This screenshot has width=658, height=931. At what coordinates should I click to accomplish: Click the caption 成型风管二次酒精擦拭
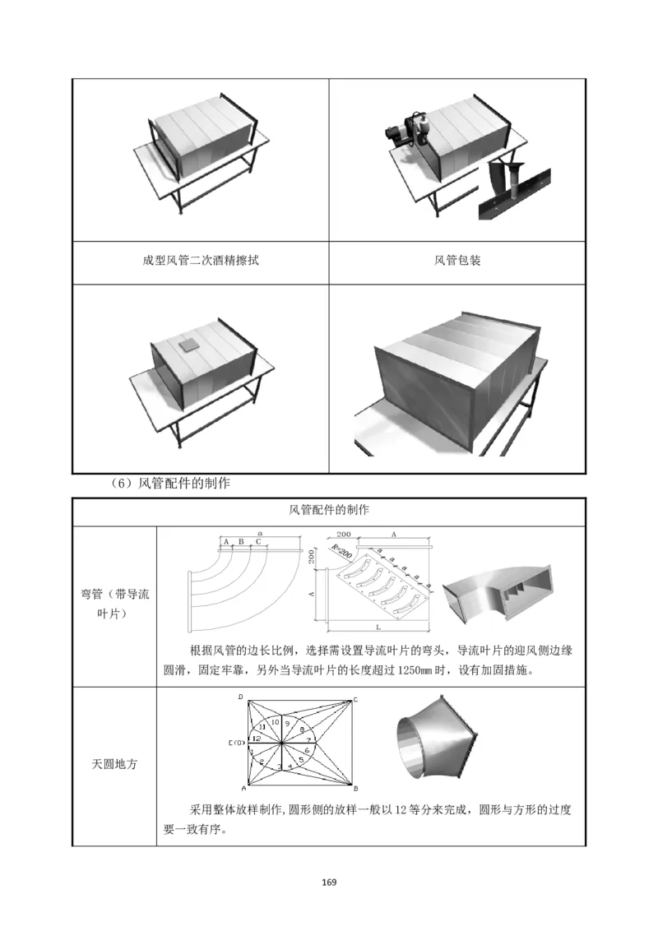pyautogui.click(x=202, y=262)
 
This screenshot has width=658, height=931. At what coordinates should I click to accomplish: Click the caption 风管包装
pyautogui.click(x=457, y=262)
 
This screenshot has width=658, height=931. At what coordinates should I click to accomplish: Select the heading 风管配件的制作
pyautogui.click(x=329, y=511)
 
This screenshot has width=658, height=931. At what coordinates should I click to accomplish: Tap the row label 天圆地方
pyautogui.click(x=114, y=764)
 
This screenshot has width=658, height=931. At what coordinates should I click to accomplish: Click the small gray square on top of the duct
pyautogui.click(x=191, y=344)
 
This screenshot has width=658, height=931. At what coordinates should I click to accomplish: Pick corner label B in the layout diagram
pyautogui.click(x=354, y=787)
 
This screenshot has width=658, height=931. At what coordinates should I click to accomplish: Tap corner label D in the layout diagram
pyautogui.click(x=240, y=697)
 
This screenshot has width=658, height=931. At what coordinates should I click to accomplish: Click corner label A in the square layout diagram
pyautogui.click(x=243, y=788)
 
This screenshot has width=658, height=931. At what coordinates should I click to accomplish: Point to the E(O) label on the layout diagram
pyautogui.click(x=236, y=743)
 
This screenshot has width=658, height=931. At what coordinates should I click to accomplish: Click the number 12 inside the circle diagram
pyautogui.click(x=257, y=739)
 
